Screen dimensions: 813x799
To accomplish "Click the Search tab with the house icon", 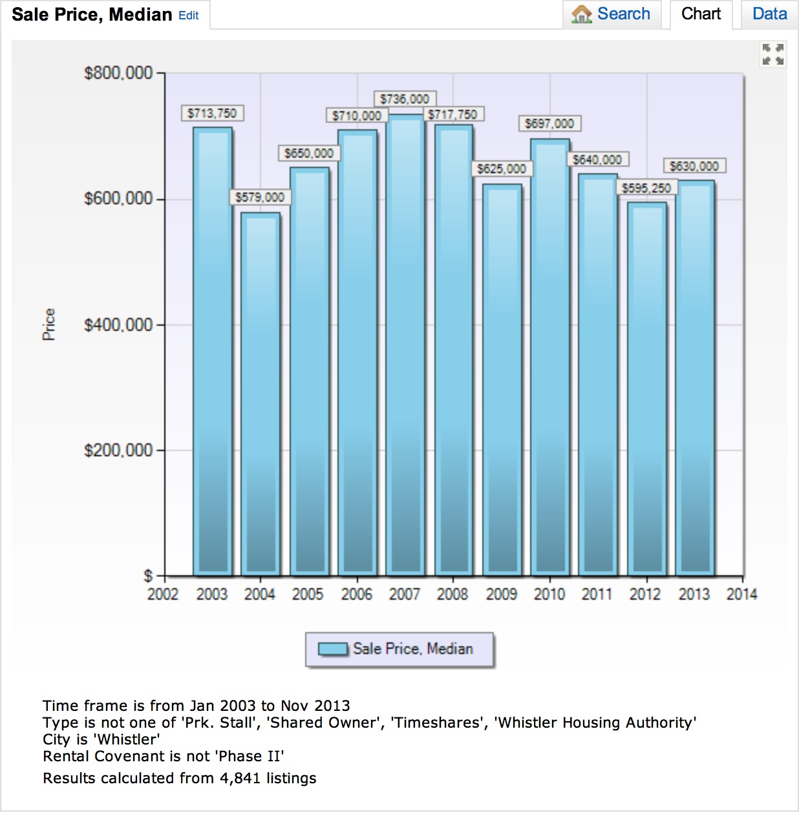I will point(612,14).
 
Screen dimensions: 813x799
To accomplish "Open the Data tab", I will point(769,14).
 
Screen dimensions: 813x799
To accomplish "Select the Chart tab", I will point(701,14).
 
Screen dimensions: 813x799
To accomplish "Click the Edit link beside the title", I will point(189,16).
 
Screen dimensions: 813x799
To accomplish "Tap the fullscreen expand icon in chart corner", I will point(772,54).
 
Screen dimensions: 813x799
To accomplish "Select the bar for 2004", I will point(261,394).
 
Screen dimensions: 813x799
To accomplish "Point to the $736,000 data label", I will point(405,99).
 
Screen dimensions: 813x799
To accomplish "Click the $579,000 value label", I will point(260,197).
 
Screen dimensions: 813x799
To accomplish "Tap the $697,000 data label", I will point(549,123).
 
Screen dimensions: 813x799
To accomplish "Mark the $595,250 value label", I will point(646,188).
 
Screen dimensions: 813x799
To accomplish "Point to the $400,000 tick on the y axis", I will point(118,324).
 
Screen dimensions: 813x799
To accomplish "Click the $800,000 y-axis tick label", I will point(118,73).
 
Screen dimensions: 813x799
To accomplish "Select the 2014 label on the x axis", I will point(741,594).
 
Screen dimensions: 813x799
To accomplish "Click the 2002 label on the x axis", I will point(163,594).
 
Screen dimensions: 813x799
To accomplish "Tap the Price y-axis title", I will point(49,324).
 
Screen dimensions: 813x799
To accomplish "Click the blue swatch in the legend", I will point(333,649).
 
